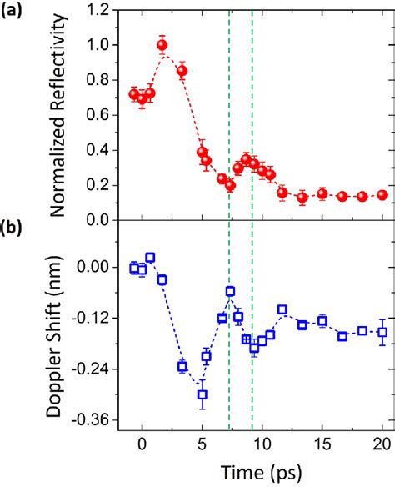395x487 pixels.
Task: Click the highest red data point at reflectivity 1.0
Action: coord(162,45)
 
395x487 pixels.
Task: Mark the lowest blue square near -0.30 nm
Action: coord(202,394)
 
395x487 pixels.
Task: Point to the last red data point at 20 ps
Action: coord(382,194)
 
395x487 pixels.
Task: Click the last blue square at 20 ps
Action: coord(382,332)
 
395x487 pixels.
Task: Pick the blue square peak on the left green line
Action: coord(230,291)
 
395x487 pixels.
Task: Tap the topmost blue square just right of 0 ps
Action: coord(150,258)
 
